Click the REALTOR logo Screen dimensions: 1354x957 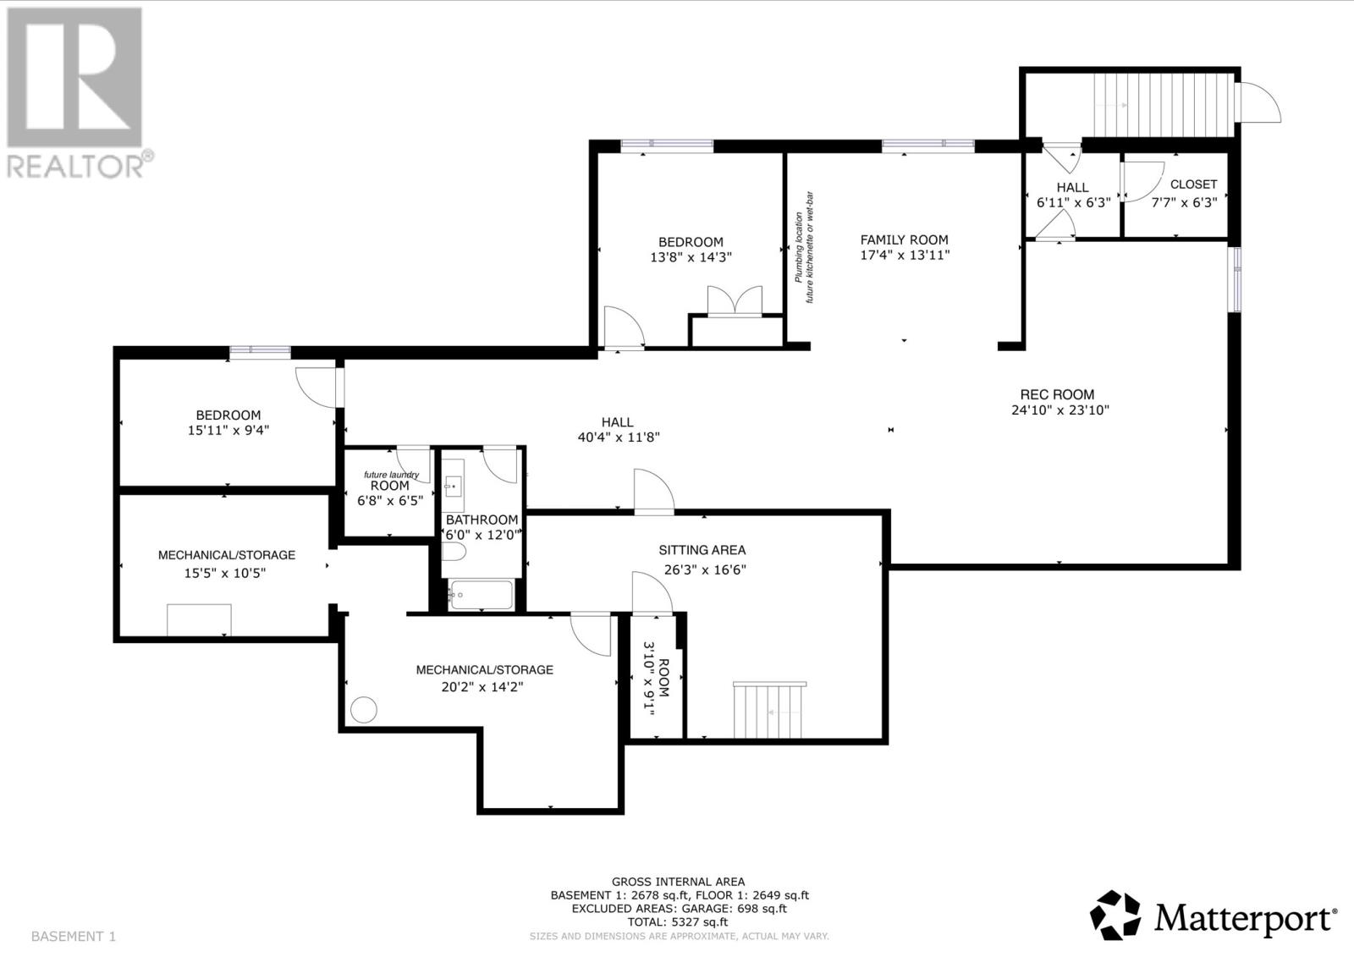point(80,93)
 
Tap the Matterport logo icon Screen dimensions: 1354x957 point(1115,915)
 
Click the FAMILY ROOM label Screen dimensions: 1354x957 point(905,240)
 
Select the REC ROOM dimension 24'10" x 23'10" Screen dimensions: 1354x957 point(1060,410)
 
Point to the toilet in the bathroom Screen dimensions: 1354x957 point(454,552)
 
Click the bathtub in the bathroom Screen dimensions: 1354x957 point(482,595)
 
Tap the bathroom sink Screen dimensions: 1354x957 point(453,486)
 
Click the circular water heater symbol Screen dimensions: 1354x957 point(364,710)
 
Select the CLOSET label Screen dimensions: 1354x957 point(1194,184)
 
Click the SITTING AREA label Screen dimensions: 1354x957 point(702,550)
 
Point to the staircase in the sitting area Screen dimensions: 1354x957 point(769,710)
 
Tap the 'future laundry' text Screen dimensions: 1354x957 point(391,475)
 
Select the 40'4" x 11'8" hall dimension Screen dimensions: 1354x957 point(619,437)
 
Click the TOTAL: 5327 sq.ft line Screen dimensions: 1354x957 point(678,922)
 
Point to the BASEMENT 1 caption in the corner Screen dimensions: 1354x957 point(73,937)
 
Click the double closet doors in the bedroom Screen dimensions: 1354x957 point(735,300)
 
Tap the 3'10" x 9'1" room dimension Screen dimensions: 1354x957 point(648,679)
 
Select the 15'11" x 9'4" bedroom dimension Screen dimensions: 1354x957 point(228,431)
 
